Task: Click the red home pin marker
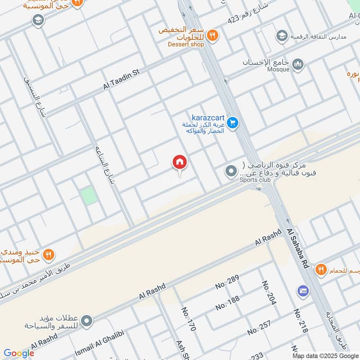click(x=180, y=162)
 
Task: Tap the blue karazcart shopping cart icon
click(x=232, y=122)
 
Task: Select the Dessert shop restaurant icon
click(x=213, y=35)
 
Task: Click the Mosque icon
click(x=298, y=66)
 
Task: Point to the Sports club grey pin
click(x=231, y=171)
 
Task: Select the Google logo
click(x=19, y=353)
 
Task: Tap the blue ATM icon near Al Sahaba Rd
click(x=303, y=291)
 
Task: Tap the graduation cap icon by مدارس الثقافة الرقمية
click(x=282, y=36)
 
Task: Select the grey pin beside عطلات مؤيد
click(x=87, y=321)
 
